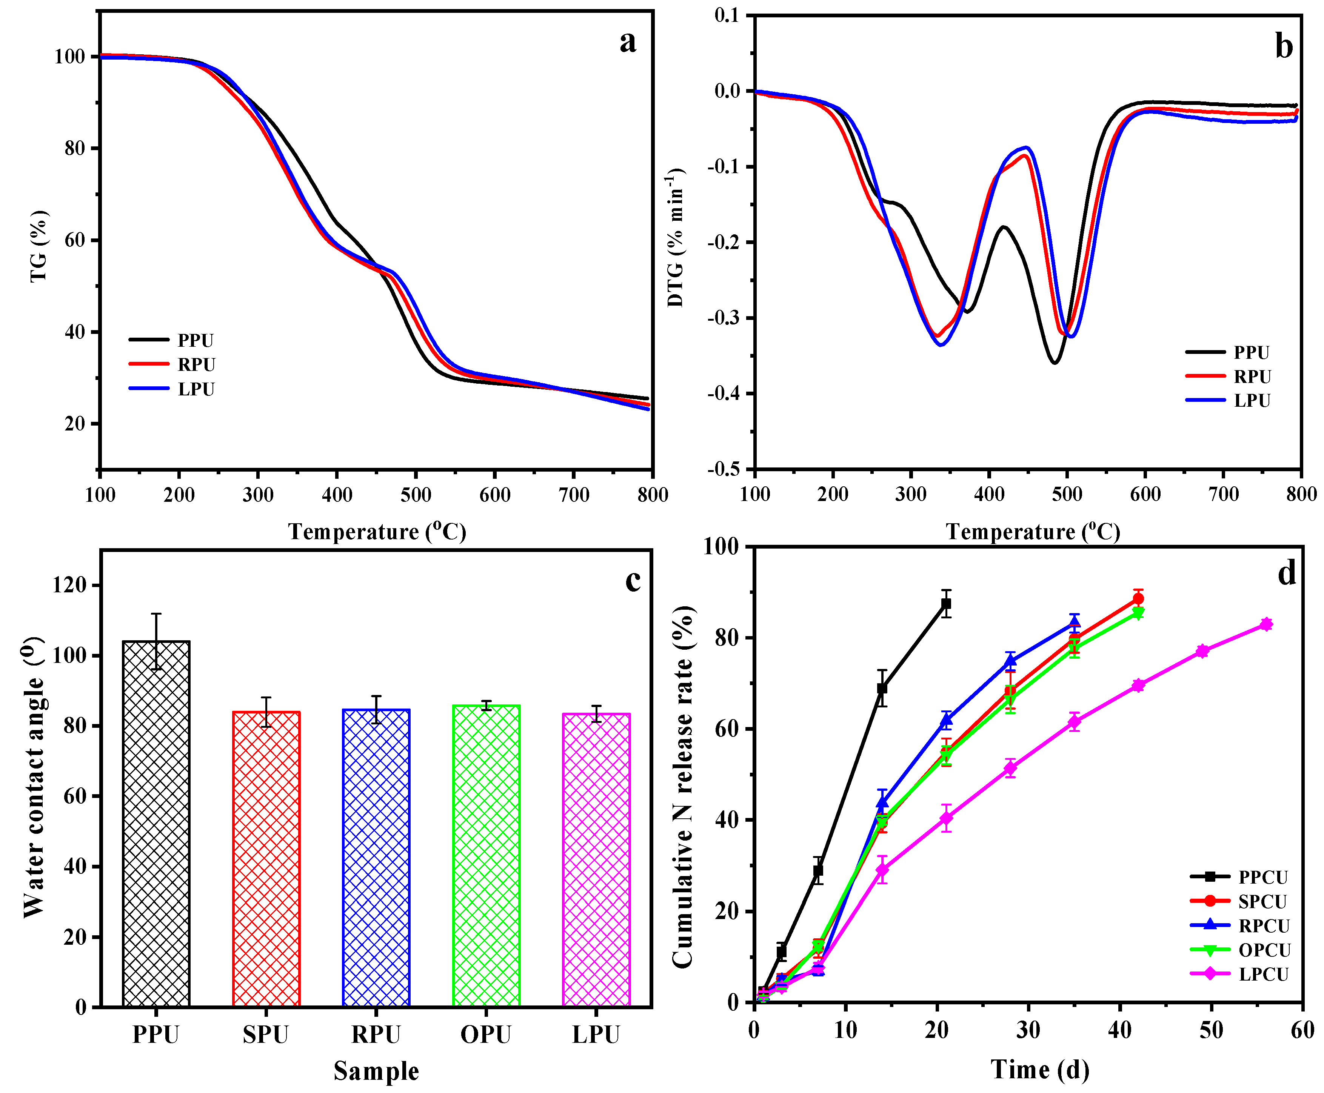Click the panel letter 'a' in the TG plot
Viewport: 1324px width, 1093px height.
(627, 42)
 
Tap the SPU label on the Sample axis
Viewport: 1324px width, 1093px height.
(265, 1035)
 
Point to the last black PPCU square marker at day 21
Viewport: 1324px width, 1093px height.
(945, 604)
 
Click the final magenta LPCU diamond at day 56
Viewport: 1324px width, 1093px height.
(1266, 624)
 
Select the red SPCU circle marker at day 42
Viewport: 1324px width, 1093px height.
(1138, 599)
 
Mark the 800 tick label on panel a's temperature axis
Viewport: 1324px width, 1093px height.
(652, 495)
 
